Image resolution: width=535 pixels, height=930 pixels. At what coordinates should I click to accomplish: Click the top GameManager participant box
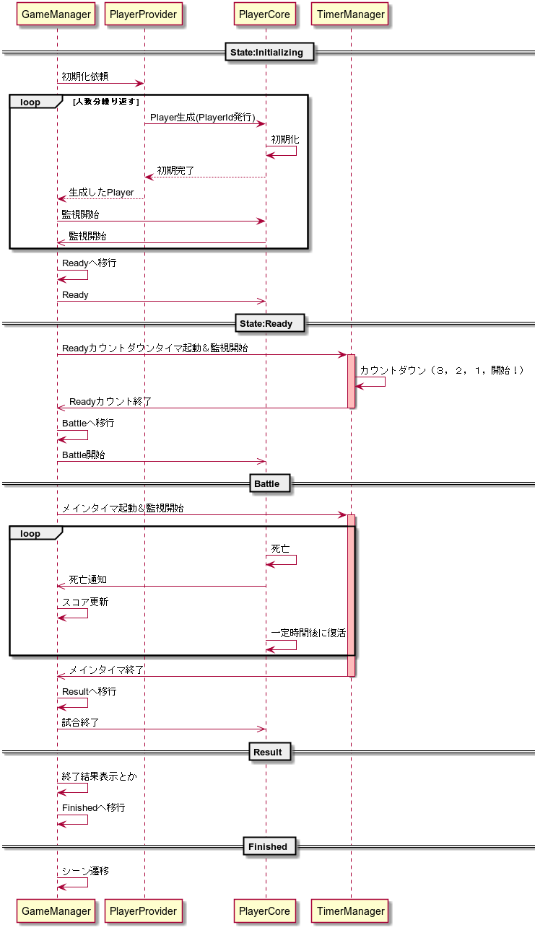click(56, 14)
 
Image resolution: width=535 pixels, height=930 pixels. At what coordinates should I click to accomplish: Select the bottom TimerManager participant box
click(351, 911)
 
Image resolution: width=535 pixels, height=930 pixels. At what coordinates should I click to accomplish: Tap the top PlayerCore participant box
click(264, 14)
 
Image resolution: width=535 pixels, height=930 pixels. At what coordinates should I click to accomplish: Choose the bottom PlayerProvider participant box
click(143, 911)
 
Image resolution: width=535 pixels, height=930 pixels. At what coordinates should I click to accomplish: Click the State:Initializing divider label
click(269, 53)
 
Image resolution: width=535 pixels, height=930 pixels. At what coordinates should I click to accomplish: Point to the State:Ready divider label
click(269, 323)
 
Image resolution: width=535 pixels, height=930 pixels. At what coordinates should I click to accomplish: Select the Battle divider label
click(269, 483)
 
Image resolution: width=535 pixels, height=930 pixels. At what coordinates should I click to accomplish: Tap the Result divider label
click(269, 752)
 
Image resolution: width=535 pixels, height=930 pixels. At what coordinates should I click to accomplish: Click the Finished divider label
click(269, 846)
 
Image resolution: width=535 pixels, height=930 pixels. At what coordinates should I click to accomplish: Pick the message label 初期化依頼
click(85, 76)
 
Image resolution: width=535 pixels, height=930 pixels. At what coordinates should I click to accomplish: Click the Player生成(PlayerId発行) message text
click(203, 118)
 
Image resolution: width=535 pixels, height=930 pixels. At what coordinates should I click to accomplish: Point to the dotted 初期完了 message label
click(175, 171)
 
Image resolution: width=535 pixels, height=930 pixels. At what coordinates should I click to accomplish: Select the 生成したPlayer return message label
click(101, 193)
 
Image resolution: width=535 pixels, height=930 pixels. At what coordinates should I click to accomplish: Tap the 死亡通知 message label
click(87, 579)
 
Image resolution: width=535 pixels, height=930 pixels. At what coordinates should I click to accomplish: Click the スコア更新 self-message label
click(85, 602)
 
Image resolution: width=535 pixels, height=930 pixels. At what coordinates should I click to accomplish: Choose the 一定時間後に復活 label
click(308, 633)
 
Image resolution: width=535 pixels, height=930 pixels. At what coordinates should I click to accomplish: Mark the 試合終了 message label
click(81, 723)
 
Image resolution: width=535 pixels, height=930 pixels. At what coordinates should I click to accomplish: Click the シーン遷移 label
click(86, 871)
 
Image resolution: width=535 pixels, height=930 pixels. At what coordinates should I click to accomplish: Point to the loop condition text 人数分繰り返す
click(106, 102)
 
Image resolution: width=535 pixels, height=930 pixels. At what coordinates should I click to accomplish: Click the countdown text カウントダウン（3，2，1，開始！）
click(442, 370)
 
